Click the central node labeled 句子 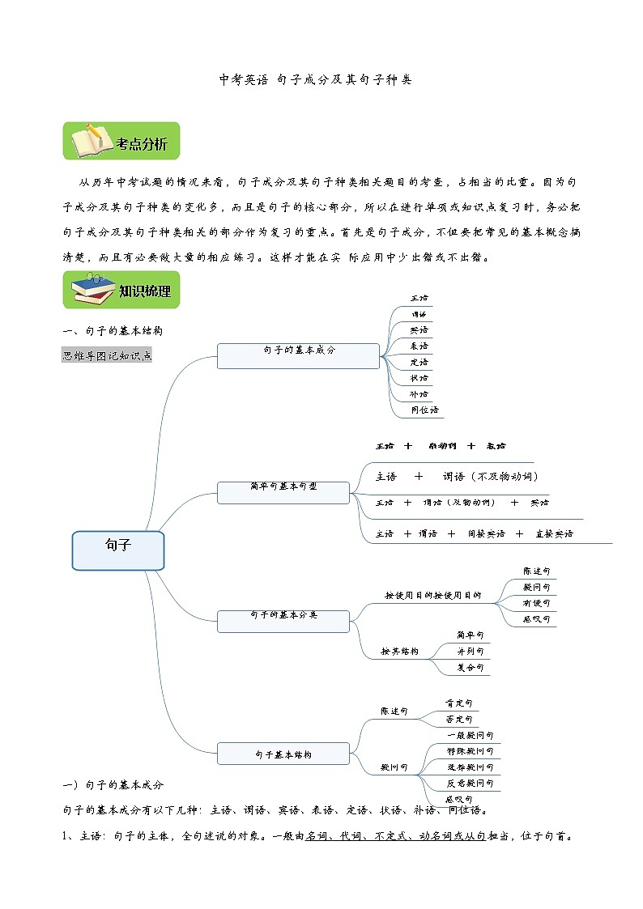(x=118, y=550)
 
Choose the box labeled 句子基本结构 (x=283, y=754)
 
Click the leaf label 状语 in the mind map (x=419, y=378)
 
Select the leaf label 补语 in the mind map (x=419, y=394)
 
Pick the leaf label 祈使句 (x=536, y=603)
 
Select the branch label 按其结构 (x=400, y=652)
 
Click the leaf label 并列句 (x=470, y=652)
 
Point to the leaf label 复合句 (x=470, y=668)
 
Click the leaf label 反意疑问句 (x=470, y=784)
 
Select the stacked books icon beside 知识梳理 (x=91, y=290)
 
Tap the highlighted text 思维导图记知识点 (x=107, y=355)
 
